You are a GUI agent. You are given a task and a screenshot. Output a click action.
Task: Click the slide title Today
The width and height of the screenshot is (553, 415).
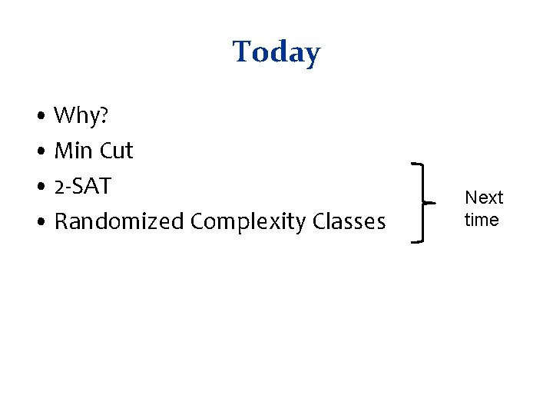tap(276, 52)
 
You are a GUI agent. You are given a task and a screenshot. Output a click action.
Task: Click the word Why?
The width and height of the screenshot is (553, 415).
tap(81, 116)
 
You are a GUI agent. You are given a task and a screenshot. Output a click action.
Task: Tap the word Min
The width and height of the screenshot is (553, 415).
tap(74, 151)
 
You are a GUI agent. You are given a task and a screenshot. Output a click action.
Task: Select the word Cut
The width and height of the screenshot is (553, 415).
tap(117, 151)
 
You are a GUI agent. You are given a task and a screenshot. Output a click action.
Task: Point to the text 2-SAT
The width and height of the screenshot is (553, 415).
tap(83, 186)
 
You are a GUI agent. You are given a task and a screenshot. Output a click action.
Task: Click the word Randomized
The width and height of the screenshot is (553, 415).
tap(119, 221)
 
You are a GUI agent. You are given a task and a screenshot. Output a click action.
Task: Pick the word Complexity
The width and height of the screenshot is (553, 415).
tap(249, 222)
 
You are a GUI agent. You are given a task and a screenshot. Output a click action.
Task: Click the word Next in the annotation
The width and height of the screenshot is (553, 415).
tap(484, 198)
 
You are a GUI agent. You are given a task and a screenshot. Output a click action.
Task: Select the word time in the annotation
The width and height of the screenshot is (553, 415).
tap(482, 220)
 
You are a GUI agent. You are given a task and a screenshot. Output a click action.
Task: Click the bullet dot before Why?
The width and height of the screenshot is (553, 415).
tap(39, 117)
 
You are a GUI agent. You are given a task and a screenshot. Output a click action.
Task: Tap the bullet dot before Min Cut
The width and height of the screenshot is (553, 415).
tap(39, 152)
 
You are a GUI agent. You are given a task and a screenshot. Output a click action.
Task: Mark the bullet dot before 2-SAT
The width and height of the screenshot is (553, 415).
tap(39, 188)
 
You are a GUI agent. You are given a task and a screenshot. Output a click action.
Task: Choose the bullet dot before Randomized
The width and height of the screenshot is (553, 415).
tap(39, 223)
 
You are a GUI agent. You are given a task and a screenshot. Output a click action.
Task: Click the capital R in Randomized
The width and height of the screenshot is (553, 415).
tap(61, 221)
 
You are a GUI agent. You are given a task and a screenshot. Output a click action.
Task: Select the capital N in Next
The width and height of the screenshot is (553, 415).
tap(471, 198)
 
